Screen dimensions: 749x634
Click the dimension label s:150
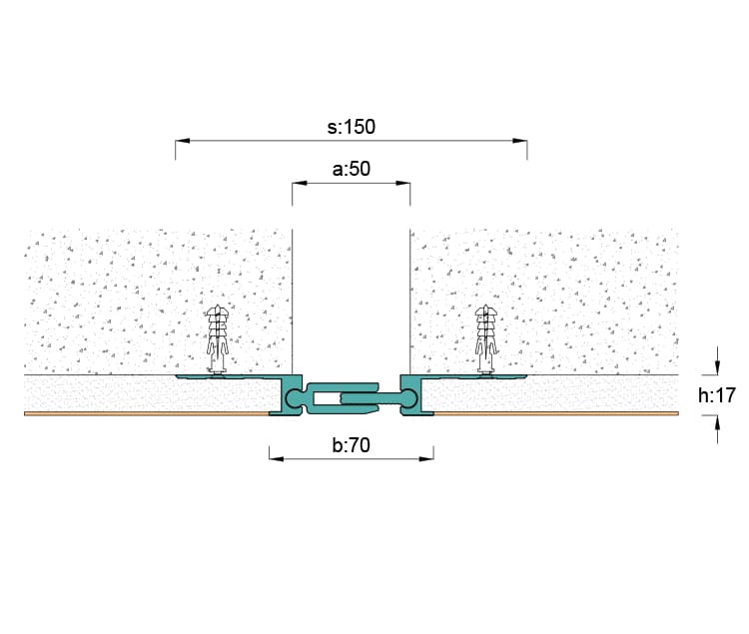[352, 127]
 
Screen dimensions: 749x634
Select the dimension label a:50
[352, 169]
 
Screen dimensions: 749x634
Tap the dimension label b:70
[352, 445]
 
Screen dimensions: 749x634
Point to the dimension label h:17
[716, 395]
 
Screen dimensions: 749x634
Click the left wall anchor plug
[218, 338]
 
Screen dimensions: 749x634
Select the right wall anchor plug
[486, 338]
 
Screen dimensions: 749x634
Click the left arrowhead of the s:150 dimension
[183, 141]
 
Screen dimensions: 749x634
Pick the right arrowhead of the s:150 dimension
[519, 141]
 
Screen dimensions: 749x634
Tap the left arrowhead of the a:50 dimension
[300, 183]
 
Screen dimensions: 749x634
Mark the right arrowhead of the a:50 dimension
[402, 183]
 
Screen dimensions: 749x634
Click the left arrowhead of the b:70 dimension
[277, 459]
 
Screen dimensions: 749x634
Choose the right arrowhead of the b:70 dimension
[426, 459]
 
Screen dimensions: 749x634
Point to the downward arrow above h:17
[717, 367]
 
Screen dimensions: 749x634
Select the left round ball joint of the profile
[295, 397]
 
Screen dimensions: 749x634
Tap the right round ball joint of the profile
[408, 397]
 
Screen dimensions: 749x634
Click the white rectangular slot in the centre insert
[326, 397]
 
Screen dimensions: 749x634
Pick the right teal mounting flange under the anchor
[473, 376]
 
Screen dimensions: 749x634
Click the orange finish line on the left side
[147, 413]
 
